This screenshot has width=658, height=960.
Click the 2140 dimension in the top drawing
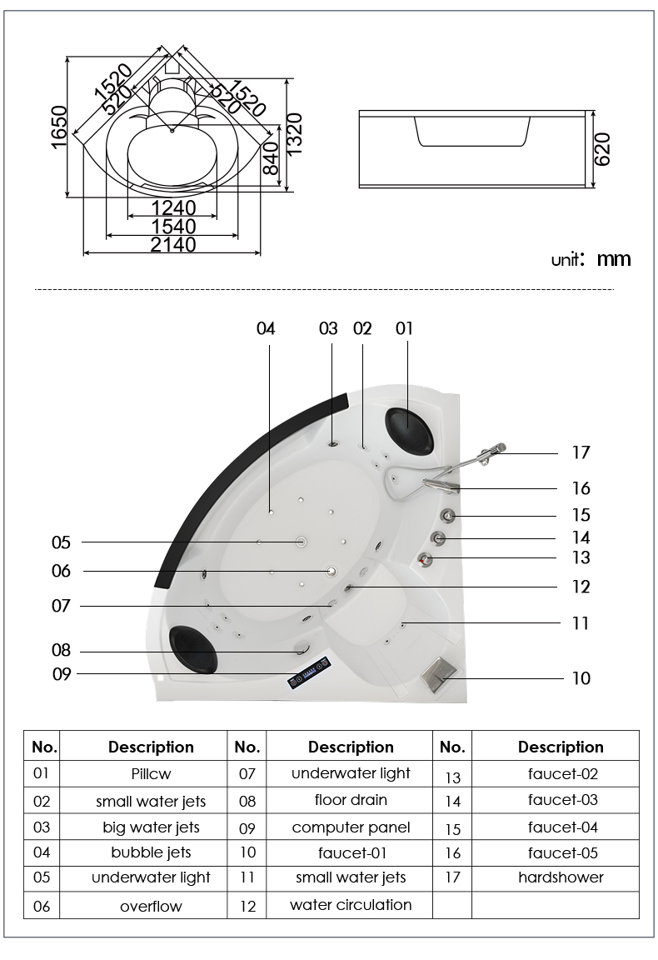[x=173, y=245]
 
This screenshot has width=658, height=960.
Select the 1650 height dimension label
[x=59, y=127]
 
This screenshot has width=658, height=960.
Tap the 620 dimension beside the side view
[x=602, y=148]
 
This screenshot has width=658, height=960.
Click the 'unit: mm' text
[x=591, y=259]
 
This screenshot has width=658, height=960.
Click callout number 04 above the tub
[x=266, y=329]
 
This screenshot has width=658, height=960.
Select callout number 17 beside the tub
[x=581, y=452]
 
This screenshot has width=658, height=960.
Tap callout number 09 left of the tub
[x=62, y=673]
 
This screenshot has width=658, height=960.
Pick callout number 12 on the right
[x=581, y=587]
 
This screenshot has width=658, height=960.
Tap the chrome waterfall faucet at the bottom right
[x=437, y=671]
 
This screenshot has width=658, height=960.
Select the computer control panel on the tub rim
[x=312, y=672]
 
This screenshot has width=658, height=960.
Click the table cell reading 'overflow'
[x=151, y=906]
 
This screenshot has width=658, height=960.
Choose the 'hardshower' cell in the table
[x=561, y=877]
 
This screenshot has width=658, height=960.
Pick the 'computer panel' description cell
[x=351, y=827]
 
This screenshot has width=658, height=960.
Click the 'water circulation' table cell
[x=351, y=904]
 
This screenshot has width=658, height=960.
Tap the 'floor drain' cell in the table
[x=351, y=800]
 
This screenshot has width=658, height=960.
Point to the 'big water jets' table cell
[x=151, y=827]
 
